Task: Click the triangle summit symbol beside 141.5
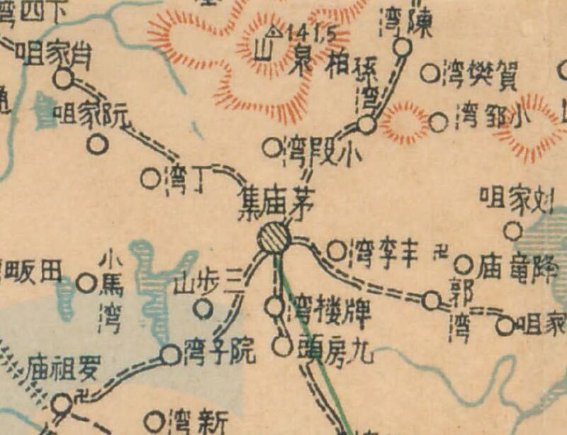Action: pyautogui.click(x=274, y=32)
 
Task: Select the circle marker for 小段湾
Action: pyautogui.click(x=272, y=147)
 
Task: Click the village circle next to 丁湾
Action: pyautogui.click(x=150, y=179)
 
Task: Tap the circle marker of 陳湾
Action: pyautogui.click(x=403, y=47)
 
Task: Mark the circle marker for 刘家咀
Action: pyautogui.click(x=512, y=231)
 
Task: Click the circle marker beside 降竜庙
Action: pyautogui.click(x=464, y=265)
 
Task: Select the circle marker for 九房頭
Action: pyautogui.click(x=282, y=347)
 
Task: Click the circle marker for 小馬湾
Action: pyautogui.click(x=86, y=283)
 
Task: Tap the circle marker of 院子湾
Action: pyautogui.click(x=170, y=355)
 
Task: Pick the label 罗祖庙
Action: pyautogui.click(x=64, y=370)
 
